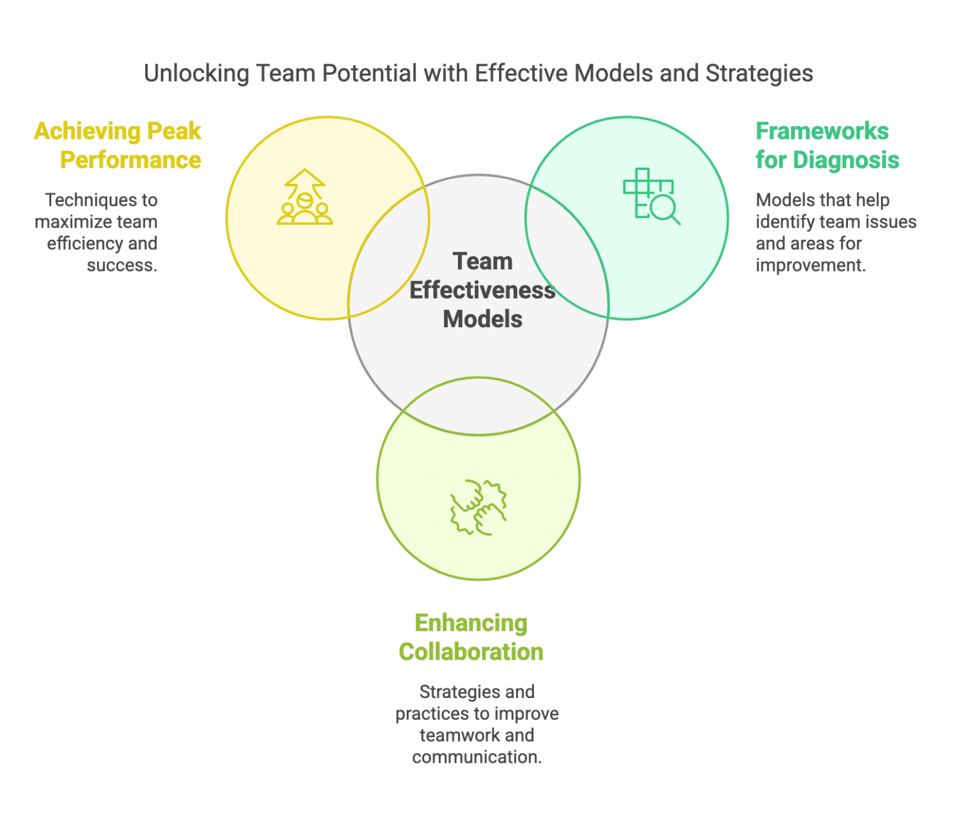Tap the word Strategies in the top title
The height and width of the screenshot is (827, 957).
(759, 74)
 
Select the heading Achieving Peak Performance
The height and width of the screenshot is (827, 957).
(118, 145)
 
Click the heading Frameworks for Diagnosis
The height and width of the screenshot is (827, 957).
(827, 145)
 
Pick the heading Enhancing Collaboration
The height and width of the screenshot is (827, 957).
(471, 637)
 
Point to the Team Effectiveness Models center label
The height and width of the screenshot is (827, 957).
(482, 290)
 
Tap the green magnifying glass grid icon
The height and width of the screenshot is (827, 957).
(651, 196)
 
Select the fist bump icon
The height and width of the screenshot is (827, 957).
(478, 507)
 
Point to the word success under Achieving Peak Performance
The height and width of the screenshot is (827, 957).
(121, 265)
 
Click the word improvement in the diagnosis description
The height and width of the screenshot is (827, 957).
(809, 265)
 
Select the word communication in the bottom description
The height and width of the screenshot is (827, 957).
(476, 757)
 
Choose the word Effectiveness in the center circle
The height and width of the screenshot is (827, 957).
(482, 290)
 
